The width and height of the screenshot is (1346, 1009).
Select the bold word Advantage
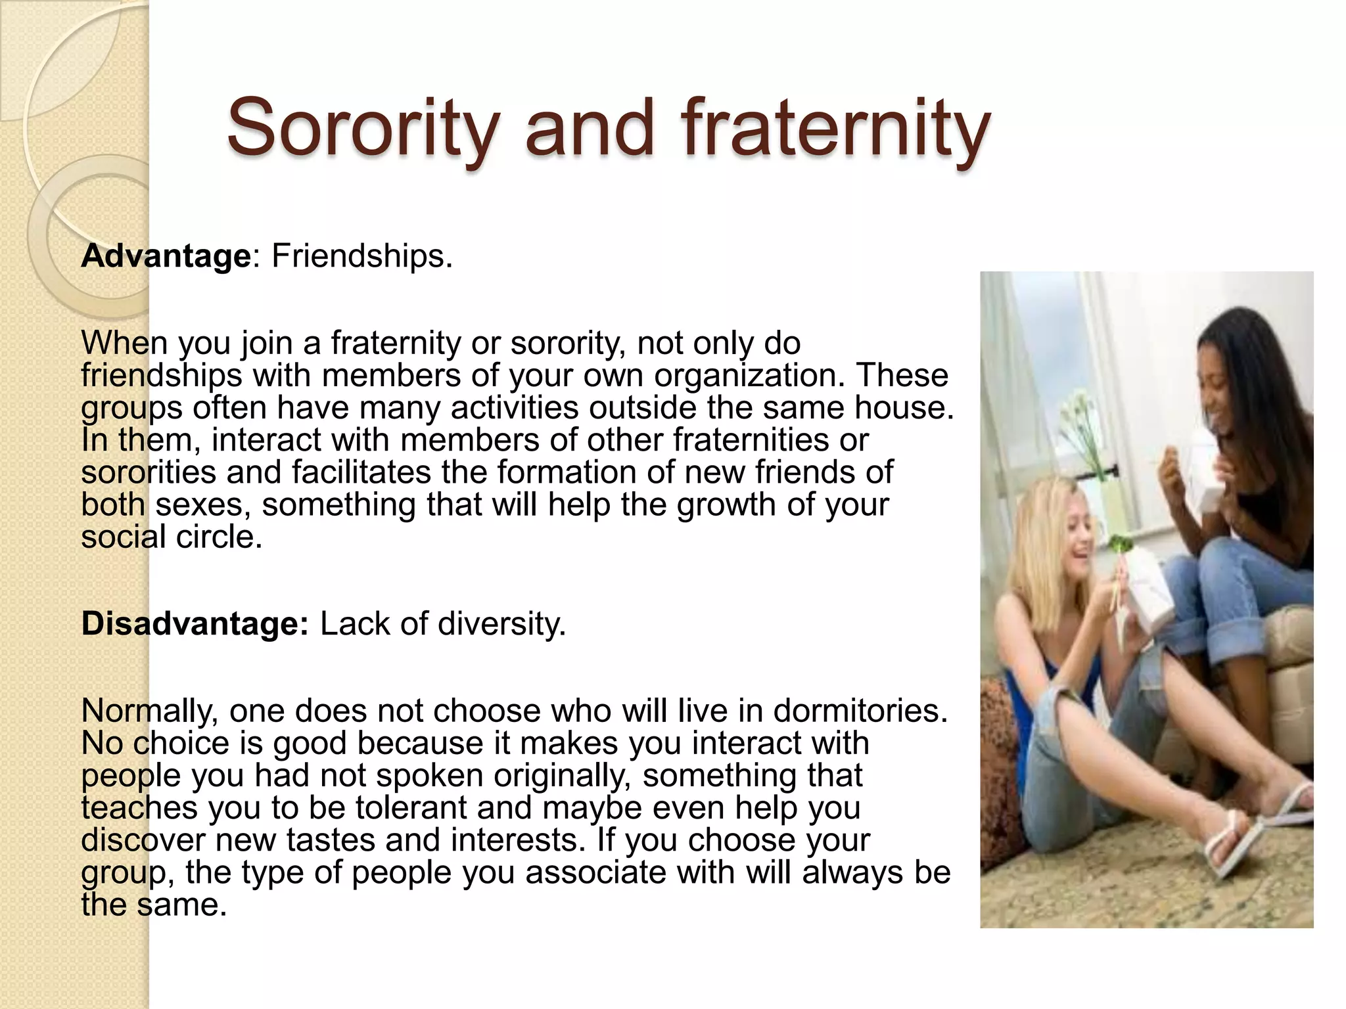coord(166,256)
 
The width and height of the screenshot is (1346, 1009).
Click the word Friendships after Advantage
coord(361,256)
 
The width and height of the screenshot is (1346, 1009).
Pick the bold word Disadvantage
coord(195,623)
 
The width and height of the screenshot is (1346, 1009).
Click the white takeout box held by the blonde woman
coord(1150,591)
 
